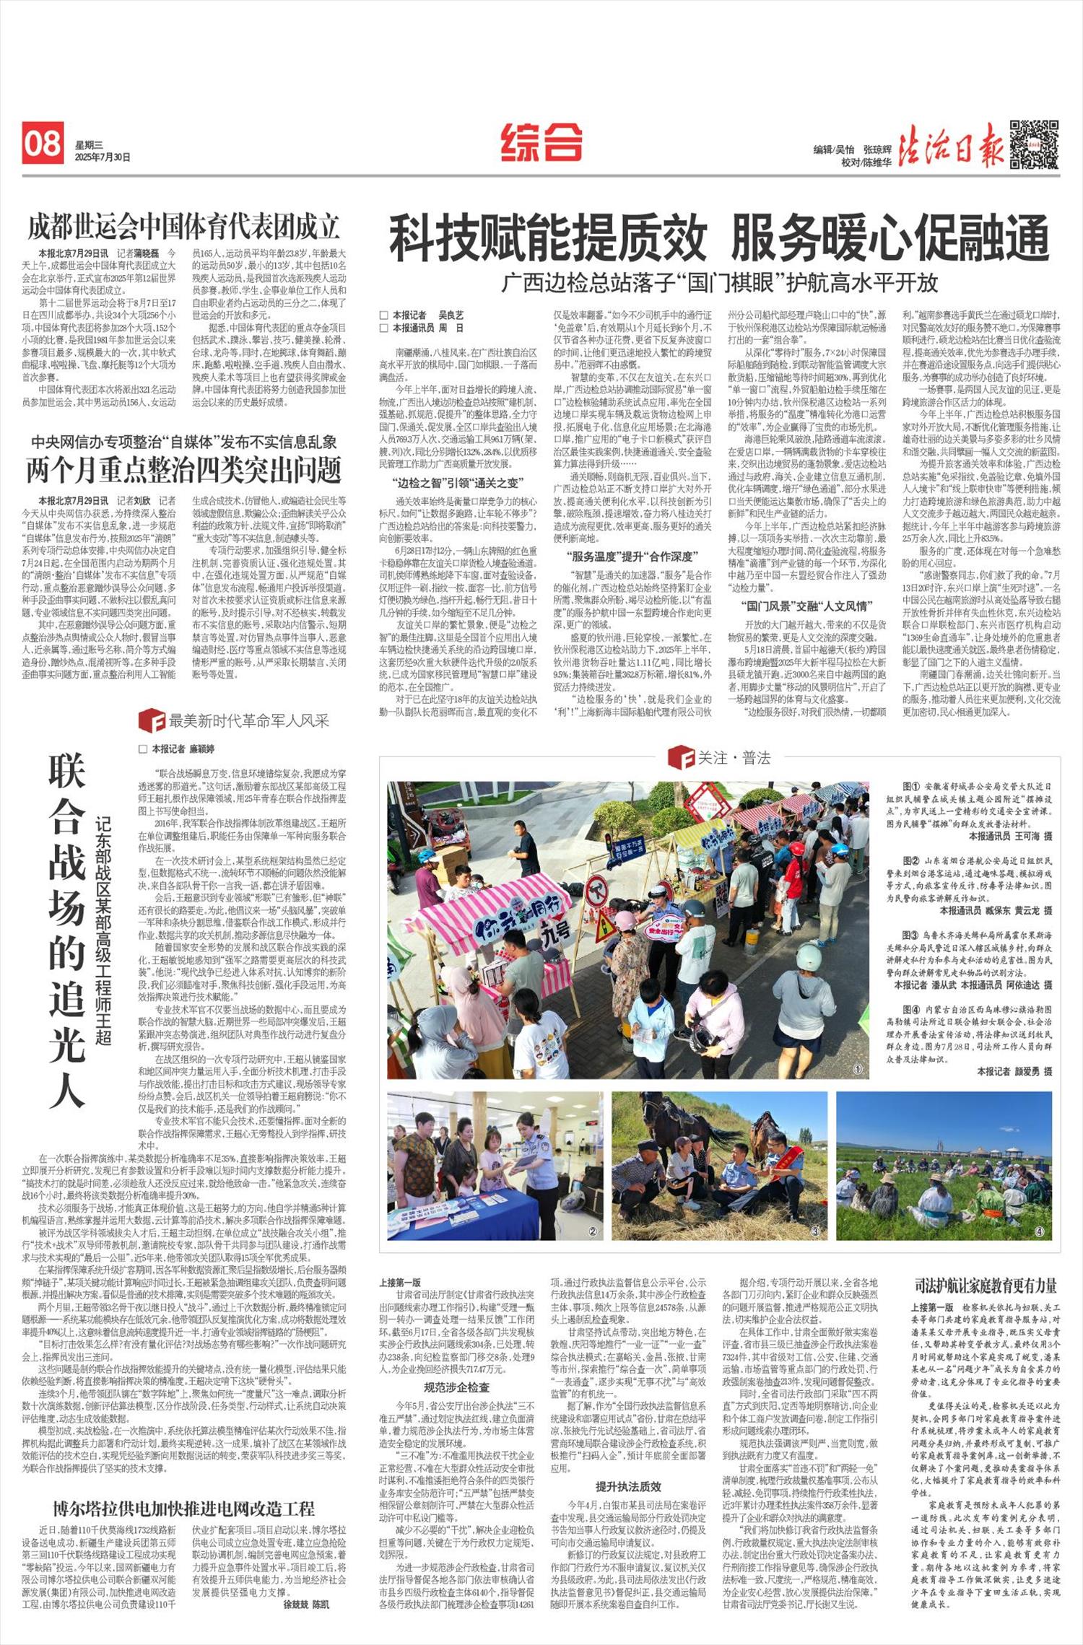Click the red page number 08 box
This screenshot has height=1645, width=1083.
[x=43, y=143]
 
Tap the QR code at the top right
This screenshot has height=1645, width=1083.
[x=1035, y=144]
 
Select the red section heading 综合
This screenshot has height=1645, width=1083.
[x=541, y=141]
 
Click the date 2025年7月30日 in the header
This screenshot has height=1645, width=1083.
[x=102, y=157]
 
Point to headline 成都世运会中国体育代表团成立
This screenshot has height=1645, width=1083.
[x=183, y=227]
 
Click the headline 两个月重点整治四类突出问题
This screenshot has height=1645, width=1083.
[x=183, y=470]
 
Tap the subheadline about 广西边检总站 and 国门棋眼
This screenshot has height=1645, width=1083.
[x=720, y=282]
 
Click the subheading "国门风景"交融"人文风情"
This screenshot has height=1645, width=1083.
[x=806, y=606]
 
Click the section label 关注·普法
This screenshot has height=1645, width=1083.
[x=720, y=757]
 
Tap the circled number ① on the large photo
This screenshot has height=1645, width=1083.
[x=857, y=1069]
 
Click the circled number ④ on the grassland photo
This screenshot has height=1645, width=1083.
[x=1039, y=1231]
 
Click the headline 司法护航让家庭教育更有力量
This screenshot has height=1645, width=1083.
[x=986, y=1285]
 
